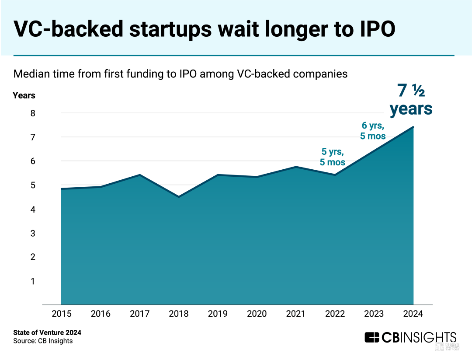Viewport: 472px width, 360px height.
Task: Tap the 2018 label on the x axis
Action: (x=179, y=314)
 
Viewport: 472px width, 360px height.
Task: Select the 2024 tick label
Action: (x=413, y=314)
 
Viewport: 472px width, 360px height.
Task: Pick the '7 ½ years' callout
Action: (x=411, y=100)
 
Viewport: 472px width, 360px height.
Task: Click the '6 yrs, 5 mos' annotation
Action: (x=372, y=131)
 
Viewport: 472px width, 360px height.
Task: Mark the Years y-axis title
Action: (x=24, y=95)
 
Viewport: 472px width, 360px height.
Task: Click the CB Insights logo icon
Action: (x=372, y=338)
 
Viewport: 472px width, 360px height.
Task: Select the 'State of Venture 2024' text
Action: (x=47, y=332)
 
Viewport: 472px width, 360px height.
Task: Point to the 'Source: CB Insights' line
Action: (x=43, y=341)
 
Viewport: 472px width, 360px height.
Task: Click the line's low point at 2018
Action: (x=179, y=197)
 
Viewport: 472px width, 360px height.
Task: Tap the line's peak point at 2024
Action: (x=413, y=127)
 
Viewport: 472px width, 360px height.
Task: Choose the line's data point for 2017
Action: (x=139, y=175)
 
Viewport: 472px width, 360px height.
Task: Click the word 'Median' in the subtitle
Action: (x=30, y=73)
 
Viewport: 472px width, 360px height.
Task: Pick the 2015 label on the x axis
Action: (x=62, y=314)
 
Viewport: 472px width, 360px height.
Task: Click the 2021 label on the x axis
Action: (x=296, y=314)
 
